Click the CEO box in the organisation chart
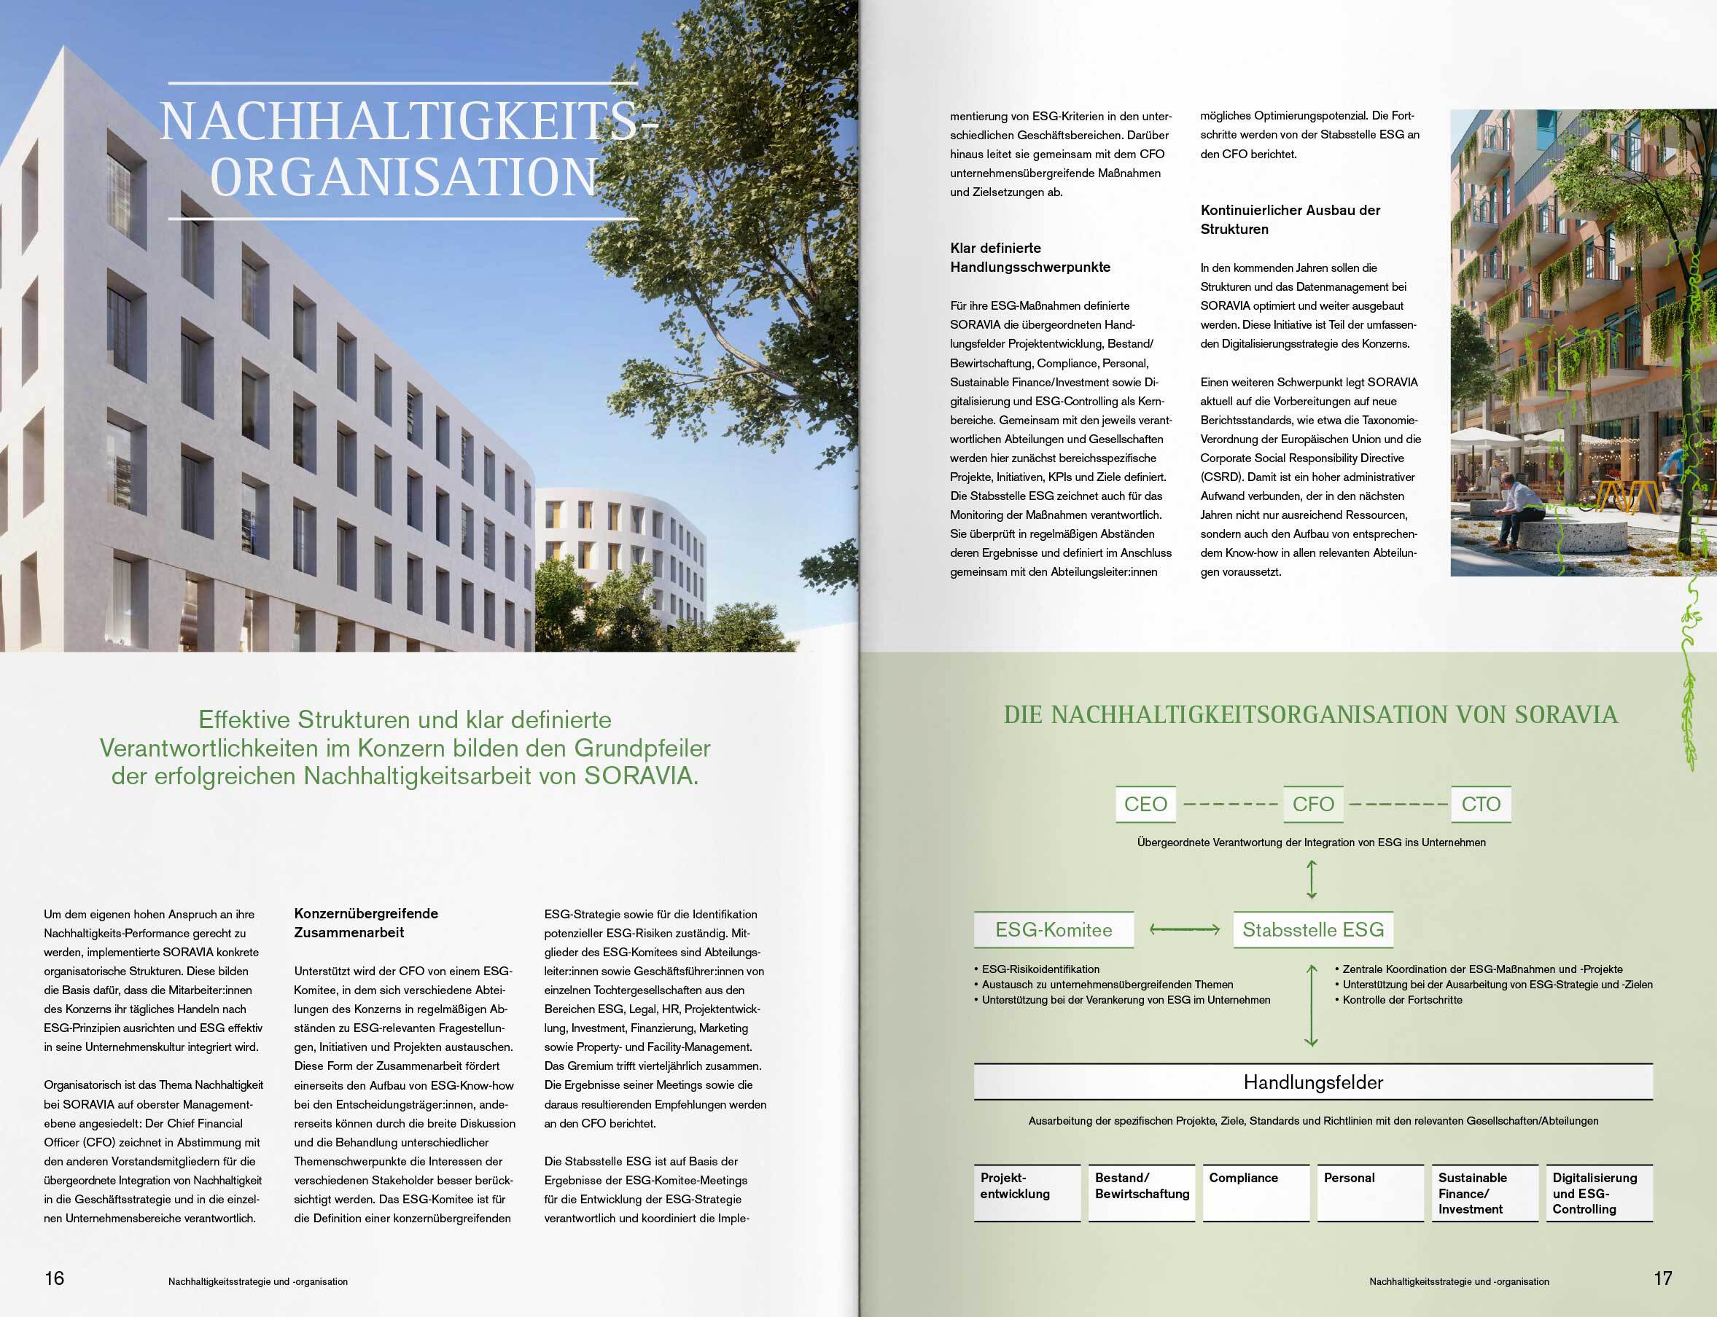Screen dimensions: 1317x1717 pos(1145,805)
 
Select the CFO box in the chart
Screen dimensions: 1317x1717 pos(1312,805)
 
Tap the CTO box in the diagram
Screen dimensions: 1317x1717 pos(1480,805)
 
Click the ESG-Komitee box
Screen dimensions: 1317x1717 pos(1053,930)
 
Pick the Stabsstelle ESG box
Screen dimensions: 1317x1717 pos(1312,930)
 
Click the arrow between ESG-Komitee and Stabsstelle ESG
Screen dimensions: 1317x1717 pos(1184,930)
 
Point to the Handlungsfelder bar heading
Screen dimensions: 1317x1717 pos(1312,1082)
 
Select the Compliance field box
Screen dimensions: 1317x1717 pos(1255,1192)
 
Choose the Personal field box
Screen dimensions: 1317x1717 pos(1370,1192)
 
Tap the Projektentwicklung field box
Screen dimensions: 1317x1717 pos(1027,1192)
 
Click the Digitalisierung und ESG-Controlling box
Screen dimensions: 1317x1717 pos(1599,1192)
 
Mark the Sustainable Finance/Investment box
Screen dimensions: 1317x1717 pos(1484,1192)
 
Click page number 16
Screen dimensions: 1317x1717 pos(54,1278)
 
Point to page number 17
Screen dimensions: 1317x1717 pos(1663,1278)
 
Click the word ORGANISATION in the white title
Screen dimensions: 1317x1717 pos(404,177)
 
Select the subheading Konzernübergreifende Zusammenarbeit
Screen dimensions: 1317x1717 pos(366,923)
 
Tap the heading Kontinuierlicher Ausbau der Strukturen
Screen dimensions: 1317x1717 pos(1290,219)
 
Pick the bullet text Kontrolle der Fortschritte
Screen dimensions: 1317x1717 pos(1402,999)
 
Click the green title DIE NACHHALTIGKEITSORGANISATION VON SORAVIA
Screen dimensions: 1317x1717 pos(1310,715)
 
